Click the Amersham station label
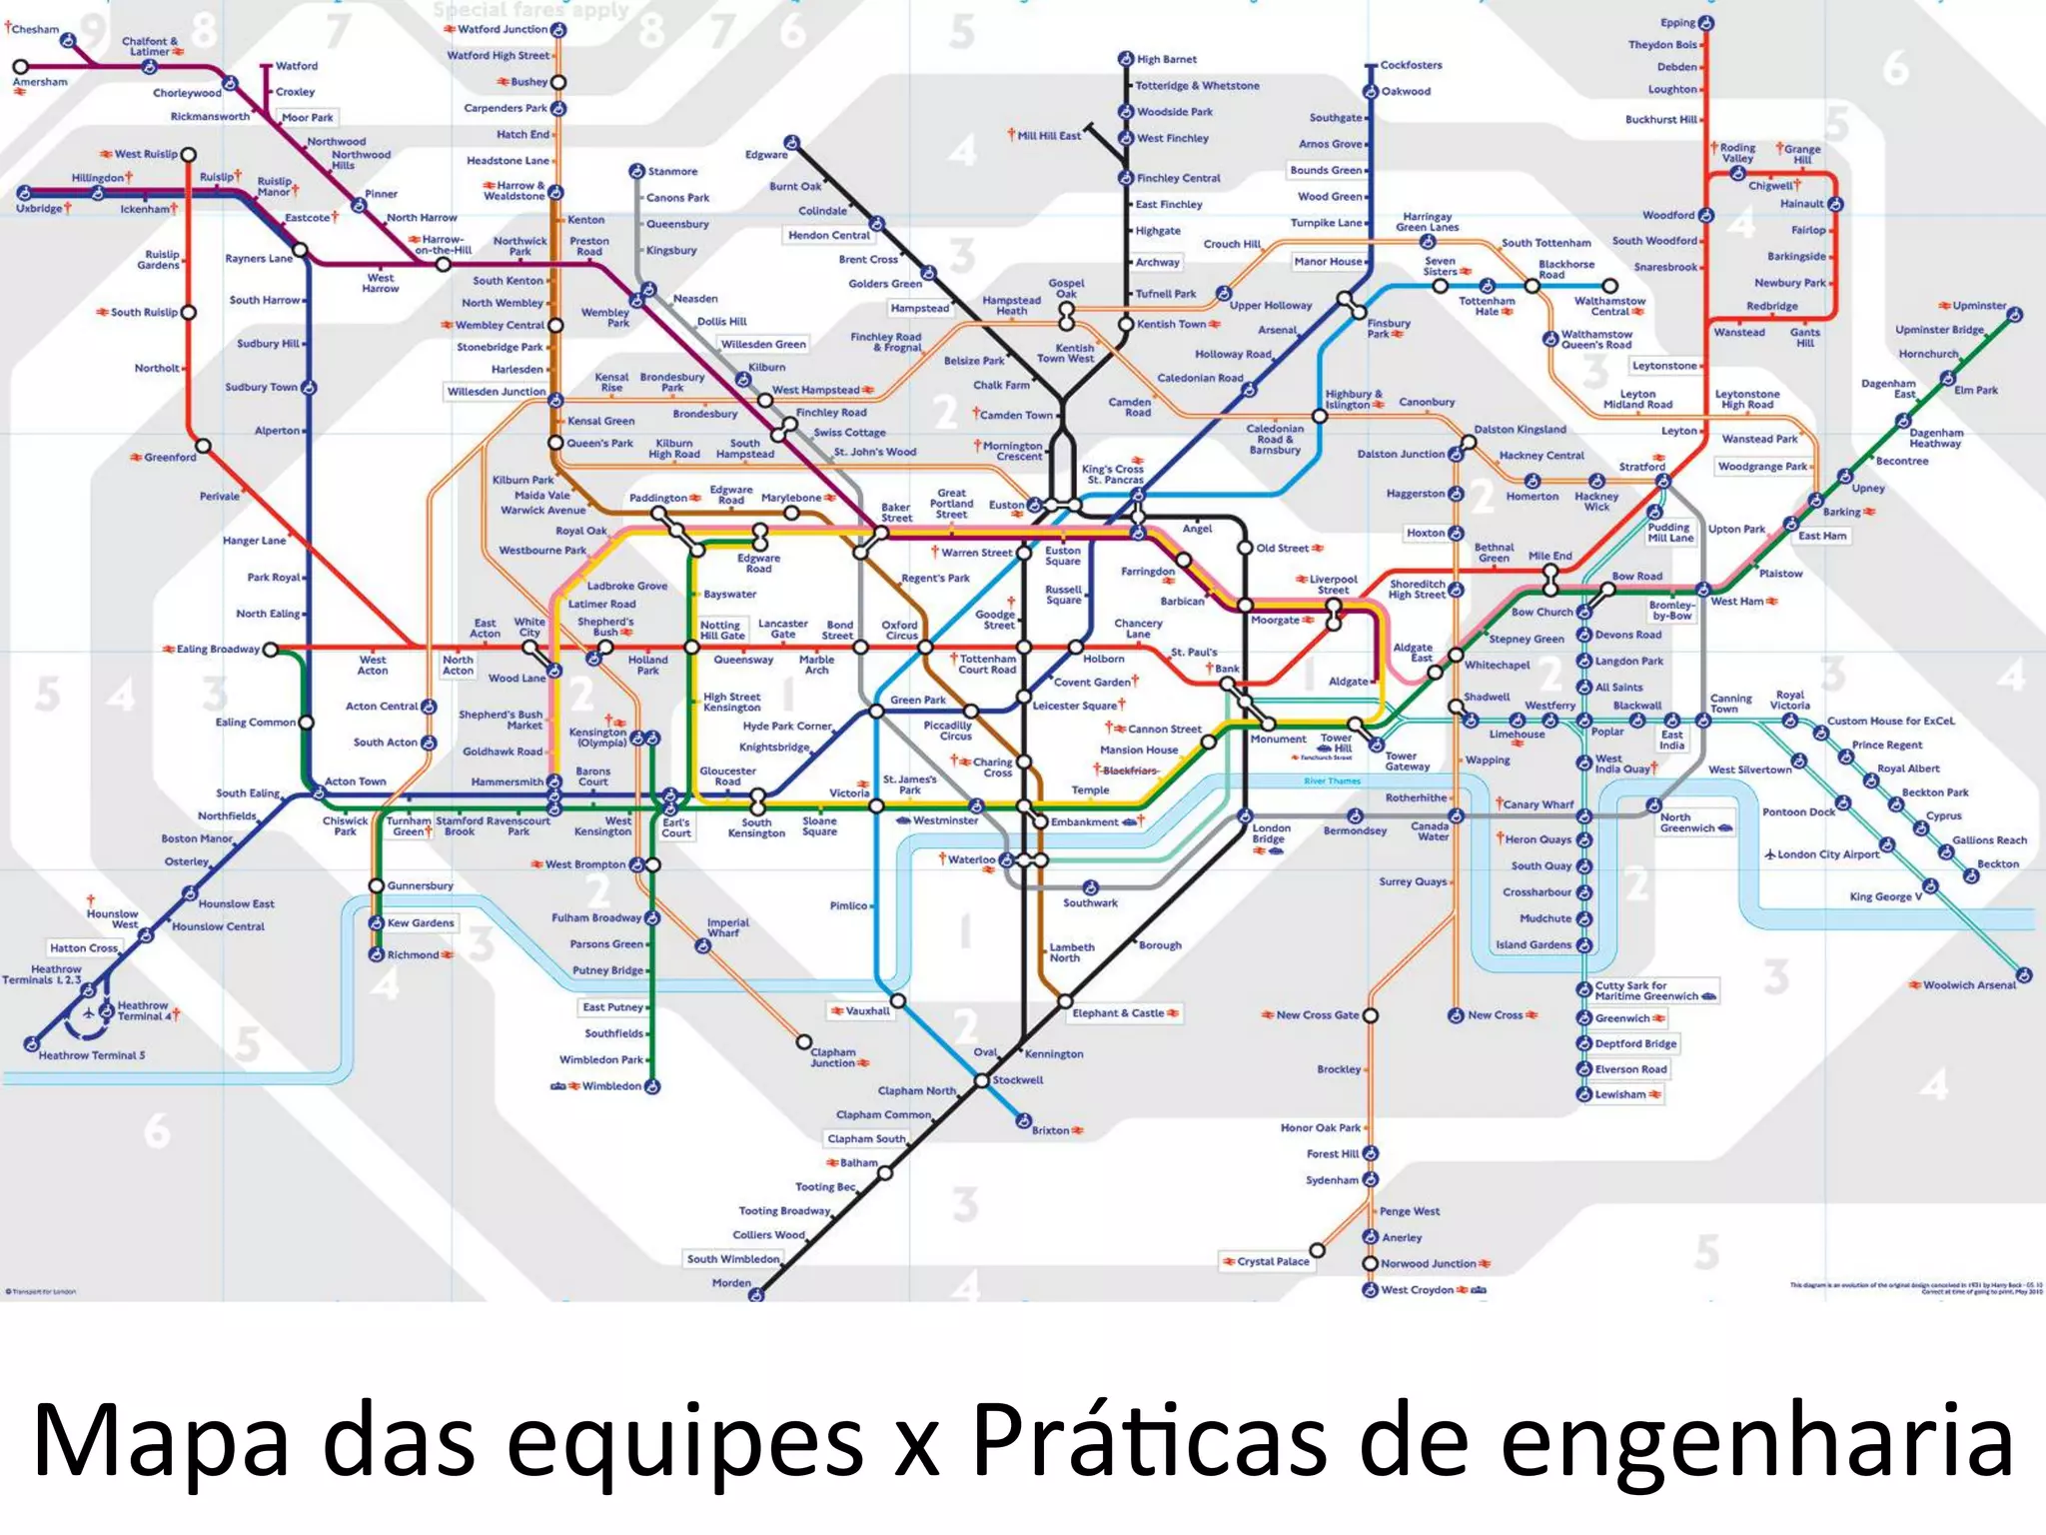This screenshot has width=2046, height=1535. tap(40, 82)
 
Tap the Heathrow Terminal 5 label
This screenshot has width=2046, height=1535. tap(92, 1055)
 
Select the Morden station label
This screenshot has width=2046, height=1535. tap(731, 1283)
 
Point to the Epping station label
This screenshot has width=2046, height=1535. tap(1677, 23)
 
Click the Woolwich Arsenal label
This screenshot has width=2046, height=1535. tap(1969, 985)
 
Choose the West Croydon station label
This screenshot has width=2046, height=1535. tap(1417, 1290)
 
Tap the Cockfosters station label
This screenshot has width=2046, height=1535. tap(1411, 65)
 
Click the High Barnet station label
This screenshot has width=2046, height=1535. tap(1166, 59)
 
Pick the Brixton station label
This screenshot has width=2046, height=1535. tap(1050, 1130)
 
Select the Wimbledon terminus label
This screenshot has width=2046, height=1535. tap(611, 1086)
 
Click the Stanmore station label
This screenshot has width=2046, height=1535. tap(672, 172)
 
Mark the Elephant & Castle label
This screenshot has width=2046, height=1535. tap(1118, 1013)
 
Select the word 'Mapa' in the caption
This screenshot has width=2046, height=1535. tap(161, 1440)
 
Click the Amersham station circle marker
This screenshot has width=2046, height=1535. tap(20, 67)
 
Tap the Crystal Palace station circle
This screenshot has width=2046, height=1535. tap(1318, 1250)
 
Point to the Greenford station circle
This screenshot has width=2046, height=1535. tap(203, 446)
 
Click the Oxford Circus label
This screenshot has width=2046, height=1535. tap(899, 630)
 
